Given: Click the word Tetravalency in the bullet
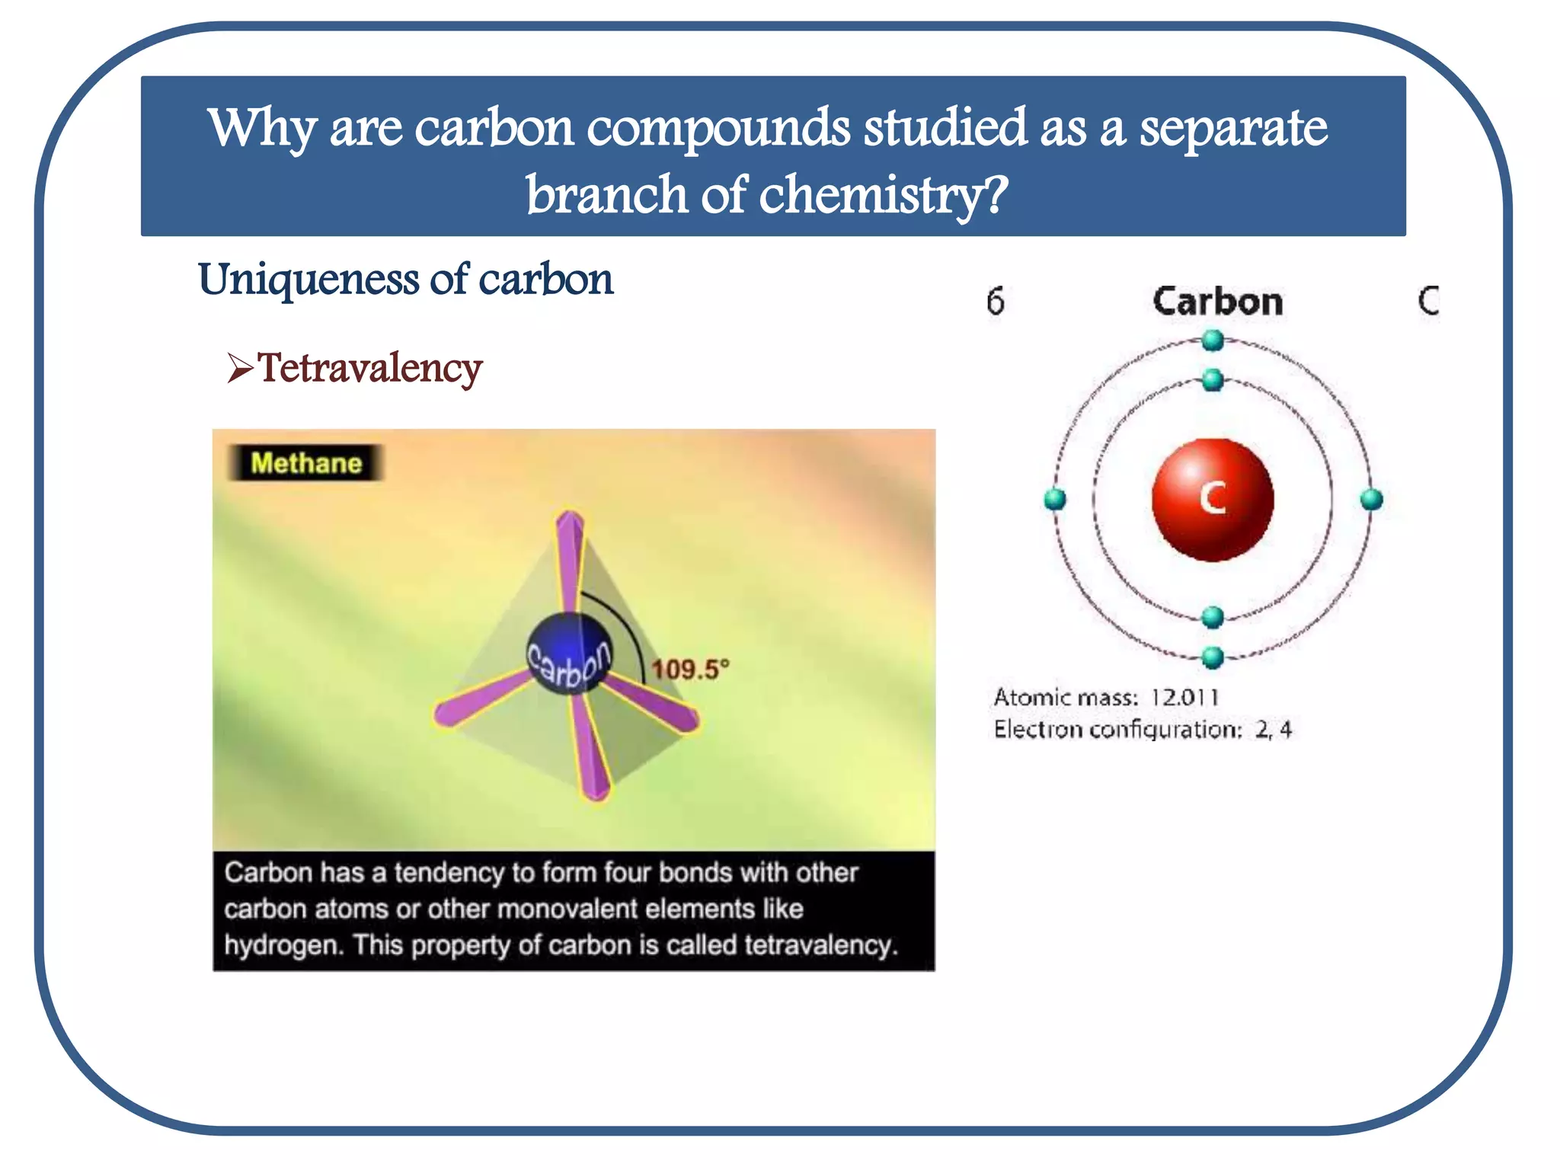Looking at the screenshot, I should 369,369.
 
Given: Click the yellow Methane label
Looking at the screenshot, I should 306,463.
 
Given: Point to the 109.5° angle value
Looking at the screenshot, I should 690,670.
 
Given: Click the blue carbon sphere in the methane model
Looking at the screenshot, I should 569,652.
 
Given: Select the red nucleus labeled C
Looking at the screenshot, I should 1213,500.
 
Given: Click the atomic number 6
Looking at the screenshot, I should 996,302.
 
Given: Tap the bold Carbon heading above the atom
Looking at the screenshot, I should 1217,302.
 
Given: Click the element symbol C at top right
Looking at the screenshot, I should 1428,301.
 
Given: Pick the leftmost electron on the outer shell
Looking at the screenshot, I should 1055,500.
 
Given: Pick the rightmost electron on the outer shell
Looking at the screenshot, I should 1371,500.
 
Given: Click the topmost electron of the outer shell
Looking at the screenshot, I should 1213,340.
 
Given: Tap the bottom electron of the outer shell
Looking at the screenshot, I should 1213,657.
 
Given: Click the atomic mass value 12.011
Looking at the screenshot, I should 1184,697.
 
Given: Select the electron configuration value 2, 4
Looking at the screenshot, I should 1274,730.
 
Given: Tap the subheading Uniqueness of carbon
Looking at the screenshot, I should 405,279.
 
